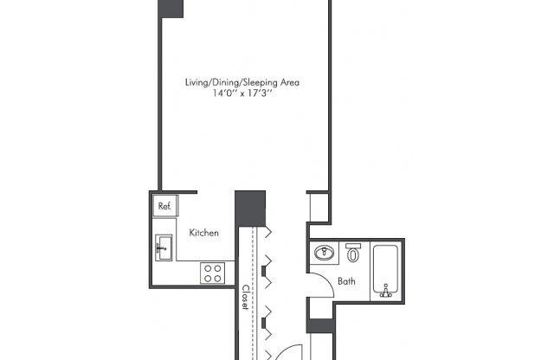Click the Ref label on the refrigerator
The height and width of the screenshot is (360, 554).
[x=164, y=206]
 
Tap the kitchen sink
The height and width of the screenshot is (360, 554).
[x=164, y=249]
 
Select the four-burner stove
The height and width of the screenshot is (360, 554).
[x=213, y=273]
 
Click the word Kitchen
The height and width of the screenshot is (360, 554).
[x=203, y=233]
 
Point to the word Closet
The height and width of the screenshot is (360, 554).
[x=245, y=298]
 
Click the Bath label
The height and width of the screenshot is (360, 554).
[x=346, y=280]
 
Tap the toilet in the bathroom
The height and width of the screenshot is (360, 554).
[x=353, y=254]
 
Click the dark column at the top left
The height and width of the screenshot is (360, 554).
[x=171, y=8]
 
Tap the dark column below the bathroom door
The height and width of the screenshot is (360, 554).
[x=319, y=329]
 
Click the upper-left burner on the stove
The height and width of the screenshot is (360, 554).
[x=208, y=268]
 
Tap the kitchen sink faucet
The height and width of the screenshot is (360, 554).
[x=158, y=249]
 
